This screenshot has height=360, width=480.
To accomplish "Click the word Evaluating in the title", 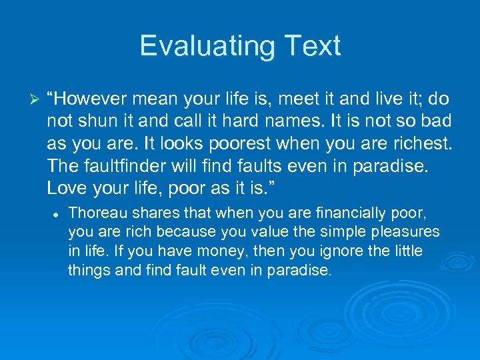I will point(204,46).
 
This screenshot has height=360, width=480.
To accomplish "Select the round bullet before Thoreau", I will point(59,214).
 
